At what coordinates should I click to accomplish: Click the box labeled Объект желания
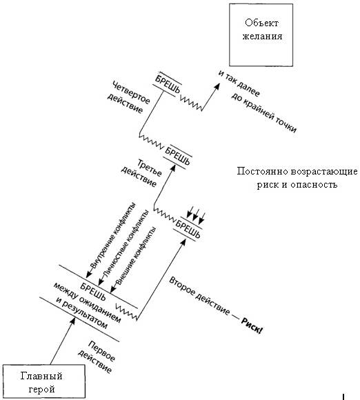point(261,35)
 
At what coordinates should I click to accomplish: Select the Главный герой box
point(43,381)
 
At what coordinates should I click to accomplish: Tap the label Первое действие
point(97,357)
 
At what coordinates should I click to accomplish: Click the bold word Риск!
point(252,326)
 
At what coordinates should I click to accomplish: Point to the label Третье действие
point(141,172)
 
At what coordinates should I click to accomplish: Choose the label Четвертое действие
point(128,97)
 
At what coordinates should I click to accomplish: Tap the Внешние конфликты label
point(136,256)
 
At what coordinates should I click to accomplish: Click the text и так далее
point(239,83)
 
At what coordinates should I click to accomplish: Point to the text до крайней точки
point(264,112)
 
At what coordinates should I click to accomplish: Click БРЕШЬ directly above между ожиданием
point(92,292)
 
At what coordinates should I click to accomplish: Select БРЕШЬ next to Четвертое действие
point(168,83)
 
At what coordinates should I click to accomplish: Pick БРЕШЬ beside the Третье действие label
point(177,156)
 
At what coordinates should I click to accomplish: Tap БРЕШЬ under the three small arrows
point(188,229)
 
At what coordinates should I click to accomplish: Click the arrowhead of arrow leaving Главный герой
point(72,321)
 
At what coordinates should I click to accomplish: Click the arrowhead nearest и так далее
point(217,86)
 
